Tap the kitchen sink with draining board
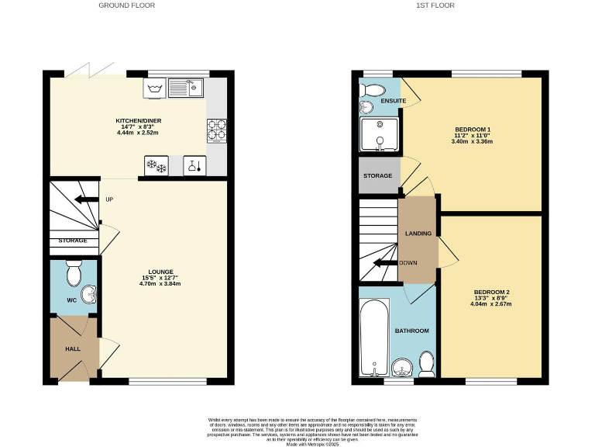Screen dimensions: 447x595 click(x=185, y=88)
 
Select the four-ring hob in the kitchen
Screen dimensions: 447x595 click(x=216, y=130)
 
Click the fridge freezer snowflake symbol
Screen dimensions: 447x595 click(x=157, y=165)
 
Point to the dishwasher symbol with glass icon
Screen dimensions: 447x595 click(x=192, y=165)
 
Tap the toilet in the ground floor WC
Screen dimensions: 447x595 click(x=74, y=273)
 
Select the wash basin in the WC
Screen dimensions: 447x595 click(x=90, y=296)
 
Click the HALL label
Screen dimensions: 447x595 click(x=72, y=349)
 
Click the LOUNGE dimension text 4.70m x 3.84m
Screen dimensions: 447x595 click(x=160, y=284)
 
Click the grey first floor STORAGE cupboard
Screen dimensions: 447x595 click(x=378, y=175)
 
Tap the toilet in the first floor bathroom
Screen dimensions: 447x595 click(x=425, y=362)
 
